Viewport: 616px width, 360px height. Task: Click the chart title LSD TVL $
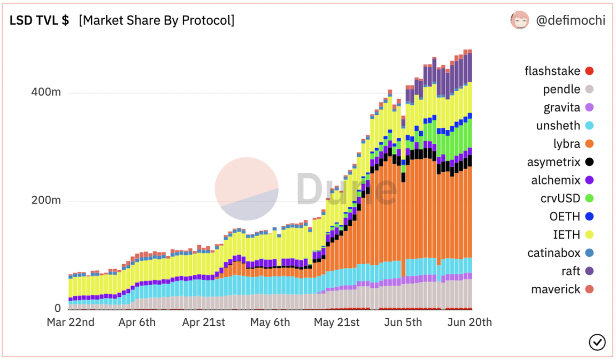[x=39, y=20]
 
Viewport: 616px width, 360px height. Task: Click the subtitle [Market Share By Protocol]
[x=156, y=20]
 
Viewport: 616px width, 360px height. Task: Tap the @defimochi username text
[x=570, y=20]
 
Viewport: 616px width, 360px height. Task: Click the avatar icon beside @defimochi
[x=519, y=20]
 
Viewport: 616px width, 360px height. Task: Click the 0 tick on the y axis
[x=57, y=308]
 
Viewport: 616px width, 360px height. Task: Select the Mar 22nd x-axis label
[x=71, y=322]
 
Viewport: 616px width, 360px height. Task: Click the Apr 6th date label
[x=137, y=322]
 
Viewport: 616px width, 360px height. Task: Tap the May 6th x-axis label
[x=270, y=322]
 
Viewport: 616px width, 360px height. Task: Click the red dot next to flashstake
[x=589, y=71]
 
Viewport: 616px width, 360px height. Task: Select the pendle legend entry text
[x=561, y=89]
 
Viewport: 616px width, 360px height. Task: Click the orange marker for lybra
[x=589, y=144]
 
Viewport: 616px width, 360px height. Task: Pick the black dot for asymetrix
[x=589, y=162]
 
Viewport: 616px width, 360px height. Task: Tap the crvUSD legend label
[x=560, y=198]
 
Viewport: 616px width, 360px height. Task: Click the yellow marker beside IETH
[x=589, y=235]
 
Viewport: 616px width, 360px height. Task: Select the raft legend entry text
[x=570, y=271]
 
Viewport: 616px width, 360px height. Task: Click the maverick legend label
[x=555, y=289]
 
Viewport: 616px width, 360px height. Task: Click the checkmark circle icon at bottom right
[x=597, y=342]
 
